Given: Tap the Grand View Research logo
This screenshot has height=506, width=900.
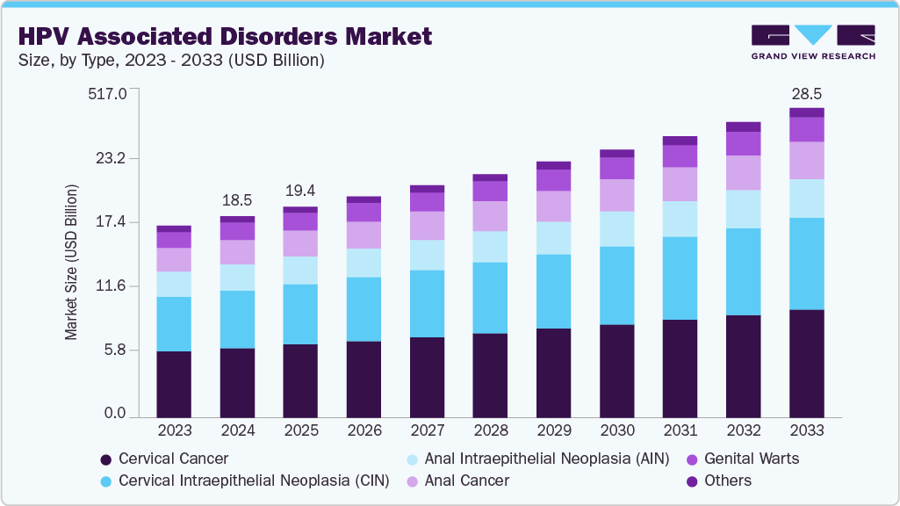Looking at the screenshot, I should point(812,42).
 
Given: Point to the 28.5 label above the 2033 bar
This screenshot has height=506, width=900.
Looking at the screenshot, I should point(806,94).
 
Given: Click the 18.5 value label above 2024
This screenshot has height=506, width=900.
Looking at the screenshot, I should point(237,201).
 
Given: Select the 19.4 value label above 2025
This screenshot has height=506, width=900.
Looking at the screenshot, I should point(300,192).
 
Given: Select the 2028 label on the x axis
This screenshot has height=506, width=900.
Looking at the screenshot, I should point(490,431).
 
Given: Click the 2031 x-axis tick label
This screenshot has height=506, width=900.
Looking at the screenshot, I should point(680,431).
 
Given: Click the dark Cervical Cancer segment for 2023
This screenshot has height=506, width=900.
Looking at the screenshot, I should point(174,384).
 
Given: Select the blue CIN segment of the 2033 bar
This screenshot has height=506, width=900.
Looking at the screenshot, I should point(806,264).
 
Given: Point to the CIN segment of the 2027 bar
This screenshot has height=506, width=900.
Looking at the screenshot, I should point(427,303).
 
